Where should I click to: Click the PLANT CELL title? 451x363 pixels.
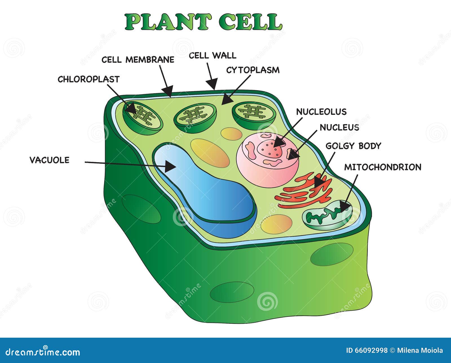[x=203, y=22]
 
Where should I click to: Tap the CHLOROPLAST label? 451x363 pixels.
[x=89, y=79]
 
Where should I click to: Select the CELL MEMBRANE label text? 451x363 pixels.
[x=138, y=60]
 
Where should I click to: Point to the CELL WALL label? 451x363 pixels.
[x=213, y=55]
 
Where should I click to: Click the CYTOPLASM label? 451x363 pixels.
[x=253, y=70]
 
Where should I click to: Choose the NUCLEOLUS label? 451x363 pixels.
[x=321, y=112]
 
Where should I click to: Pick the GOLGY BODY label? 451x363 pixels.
[x=353, y=146]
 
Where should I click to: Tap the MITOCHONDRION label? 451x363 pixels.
[x=383, y=167]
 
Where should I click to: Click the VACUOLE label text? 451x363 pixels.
[x=50, y=160]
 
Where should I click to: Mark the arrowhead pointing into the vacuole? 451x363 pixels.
[x=171, y=166]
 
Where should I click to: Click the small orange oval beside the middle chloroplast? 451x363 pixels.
[x=231, y=134]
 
